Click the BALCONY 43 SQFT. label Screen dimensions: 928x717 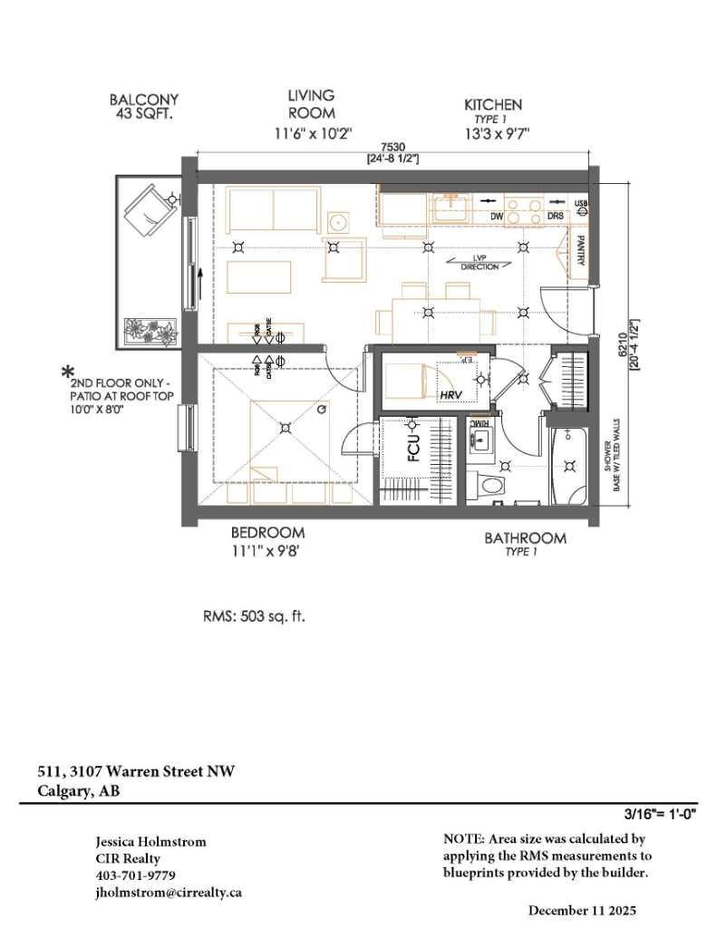click(x=143, y=107)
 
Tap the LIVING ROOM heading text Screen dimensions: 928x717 click(x=311, y=103)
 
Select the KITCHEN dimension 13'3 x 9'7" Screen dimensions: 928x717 click(x=492, y=133)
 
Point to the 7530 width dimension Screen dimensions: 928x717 click(x=392, y=147)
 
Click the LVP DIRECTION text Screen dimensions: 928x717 click(x=480, y=263)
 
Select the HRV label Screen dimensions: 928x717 click(x=451, y=396)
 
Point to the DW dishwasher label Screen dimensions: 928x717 click(x=496, y=217)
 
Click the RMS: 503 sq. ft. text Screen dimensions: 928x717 click(x=254, y=616)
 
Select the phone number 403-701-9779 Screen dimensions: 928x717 click(x=135, y=875)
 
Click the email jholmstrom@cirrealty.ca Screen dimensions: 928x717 click(x=169, y=892)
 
